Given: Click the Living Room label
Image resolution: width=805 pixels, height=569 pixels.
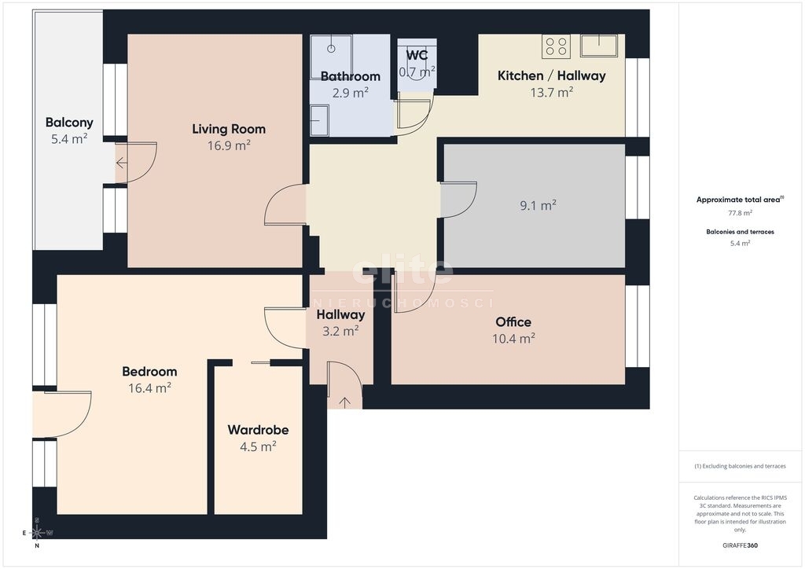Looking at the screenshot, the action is click(229, 130).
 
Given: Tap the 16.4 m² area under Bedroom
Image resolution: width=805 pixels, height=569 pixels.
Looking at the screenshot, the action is click(149, 388).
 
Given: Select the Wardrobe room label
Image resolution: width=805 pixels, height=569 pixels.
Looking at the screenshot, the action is click(258, 429).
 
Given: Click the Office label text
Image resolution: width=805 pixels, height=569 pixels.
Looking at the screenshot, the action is click(513, 322).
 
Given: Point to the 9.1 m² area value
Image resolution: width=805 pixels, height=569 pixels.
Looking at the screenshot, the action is click(538, 205).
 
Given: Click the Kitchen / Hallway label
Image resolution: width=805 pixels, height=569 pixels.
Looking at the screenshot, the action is click(551, 76).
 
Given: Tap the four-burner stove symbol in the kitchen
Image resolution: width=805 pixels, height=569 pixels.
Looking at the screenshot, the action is click(557, 46).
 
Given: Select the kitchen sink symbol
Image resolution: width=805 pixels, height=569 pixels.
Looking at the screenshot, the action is click(598, 46).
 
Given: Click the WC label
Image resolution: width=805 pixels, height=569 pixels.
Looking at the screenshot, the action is click(417, 55).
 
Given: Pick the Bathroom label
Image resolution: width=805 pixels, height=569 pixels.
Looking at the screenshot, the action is click(350, 76).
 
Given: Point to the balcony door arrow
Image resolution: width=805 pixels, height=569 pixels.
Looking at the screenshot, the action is click(122, 163).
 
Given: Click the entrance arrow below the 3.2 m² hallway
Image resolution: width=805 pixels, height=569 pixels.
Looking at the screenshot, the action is click(344, 402).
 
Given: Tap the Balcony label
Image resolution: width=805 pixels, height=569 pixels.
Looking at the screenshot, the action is click(69, 122).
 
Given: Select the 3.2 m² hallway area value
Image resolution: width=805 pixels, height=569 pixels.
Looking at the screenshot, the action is click(340, 332).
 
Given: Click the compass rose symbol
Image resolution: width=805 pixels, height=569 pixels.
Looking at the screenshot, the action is click(37, 533).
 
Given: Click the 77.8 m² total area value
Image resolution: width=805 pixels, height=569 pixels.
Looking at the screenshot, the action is click(740, 213).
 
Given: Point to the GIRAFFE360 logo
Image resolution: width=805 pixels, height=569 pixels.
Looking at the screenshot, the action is click(740, 545).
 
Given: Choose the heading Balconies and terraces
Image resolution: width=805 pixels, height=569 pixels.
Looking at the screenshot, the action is click(740, 232).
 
